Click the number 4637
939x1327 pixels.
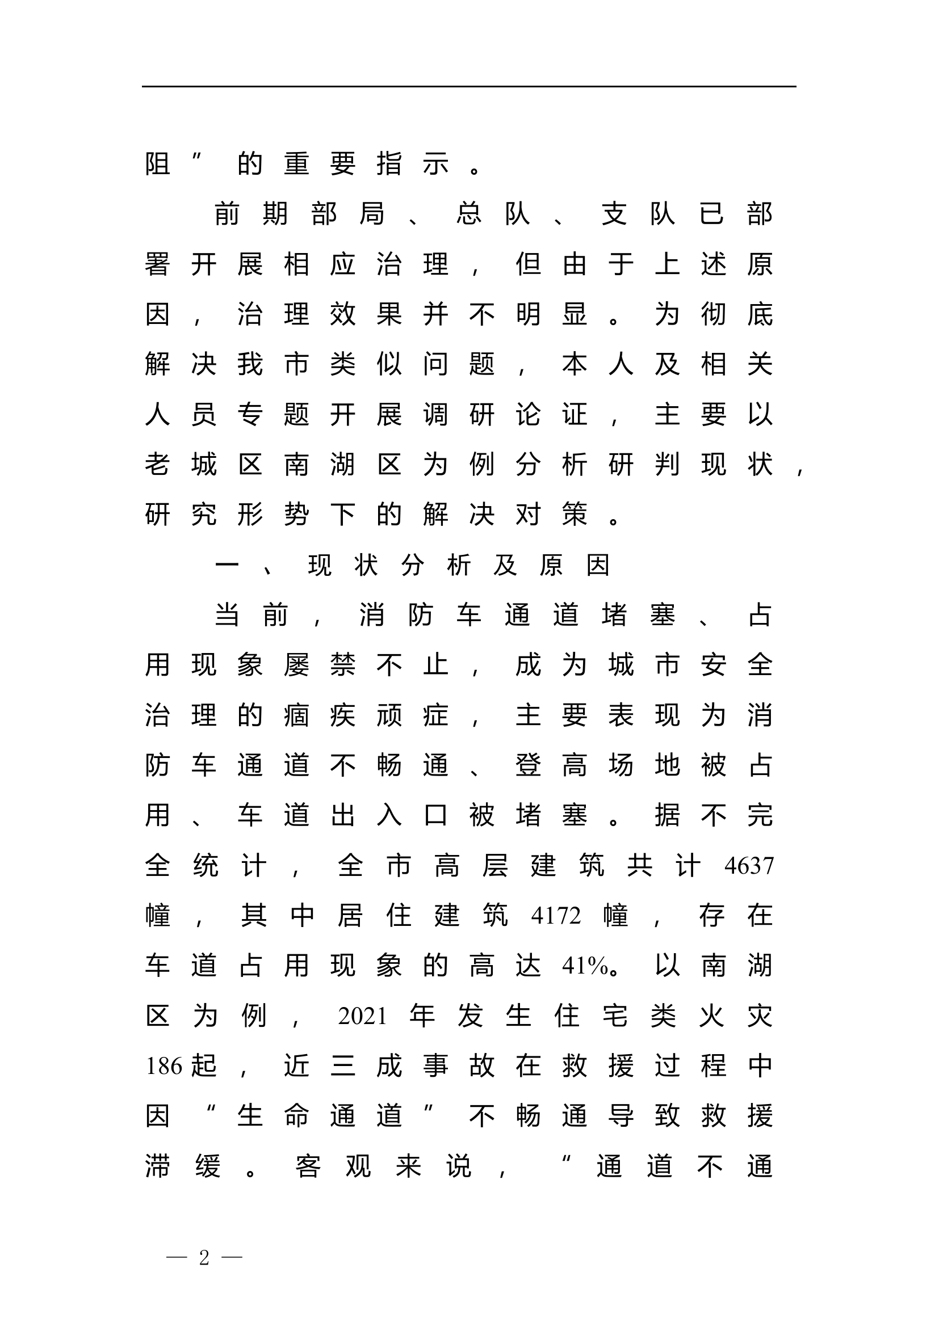pos(748,866)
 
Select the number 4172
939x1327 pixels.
pos(556,916)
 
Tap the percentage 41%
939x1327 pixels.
pos(585,966)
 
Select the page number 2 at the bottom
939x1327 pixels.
pos(204,1257)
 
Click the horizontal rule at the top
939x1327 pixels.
pos(469,87)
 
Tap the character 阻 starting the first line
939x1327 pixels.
pos(157,164)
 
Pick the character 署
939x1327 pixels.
pos(157,265)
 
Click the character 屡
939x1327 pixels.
pos(296,665)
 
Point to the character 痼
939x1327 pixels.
pos(296,715)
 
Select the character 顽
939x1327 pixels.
pos(389,715)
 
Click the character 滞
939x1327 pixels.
pos(157,1166)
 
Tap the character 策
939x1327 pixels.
pos(574,515)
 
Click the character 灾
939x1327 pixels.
pos(760,1016)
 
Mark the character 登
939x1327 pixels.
pos(528,766)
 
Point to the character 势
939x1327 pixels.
pos(296,515)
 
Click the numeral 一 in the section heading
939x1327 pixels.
pos(227,565)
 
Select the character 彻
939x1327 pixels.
pos(714,315)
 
